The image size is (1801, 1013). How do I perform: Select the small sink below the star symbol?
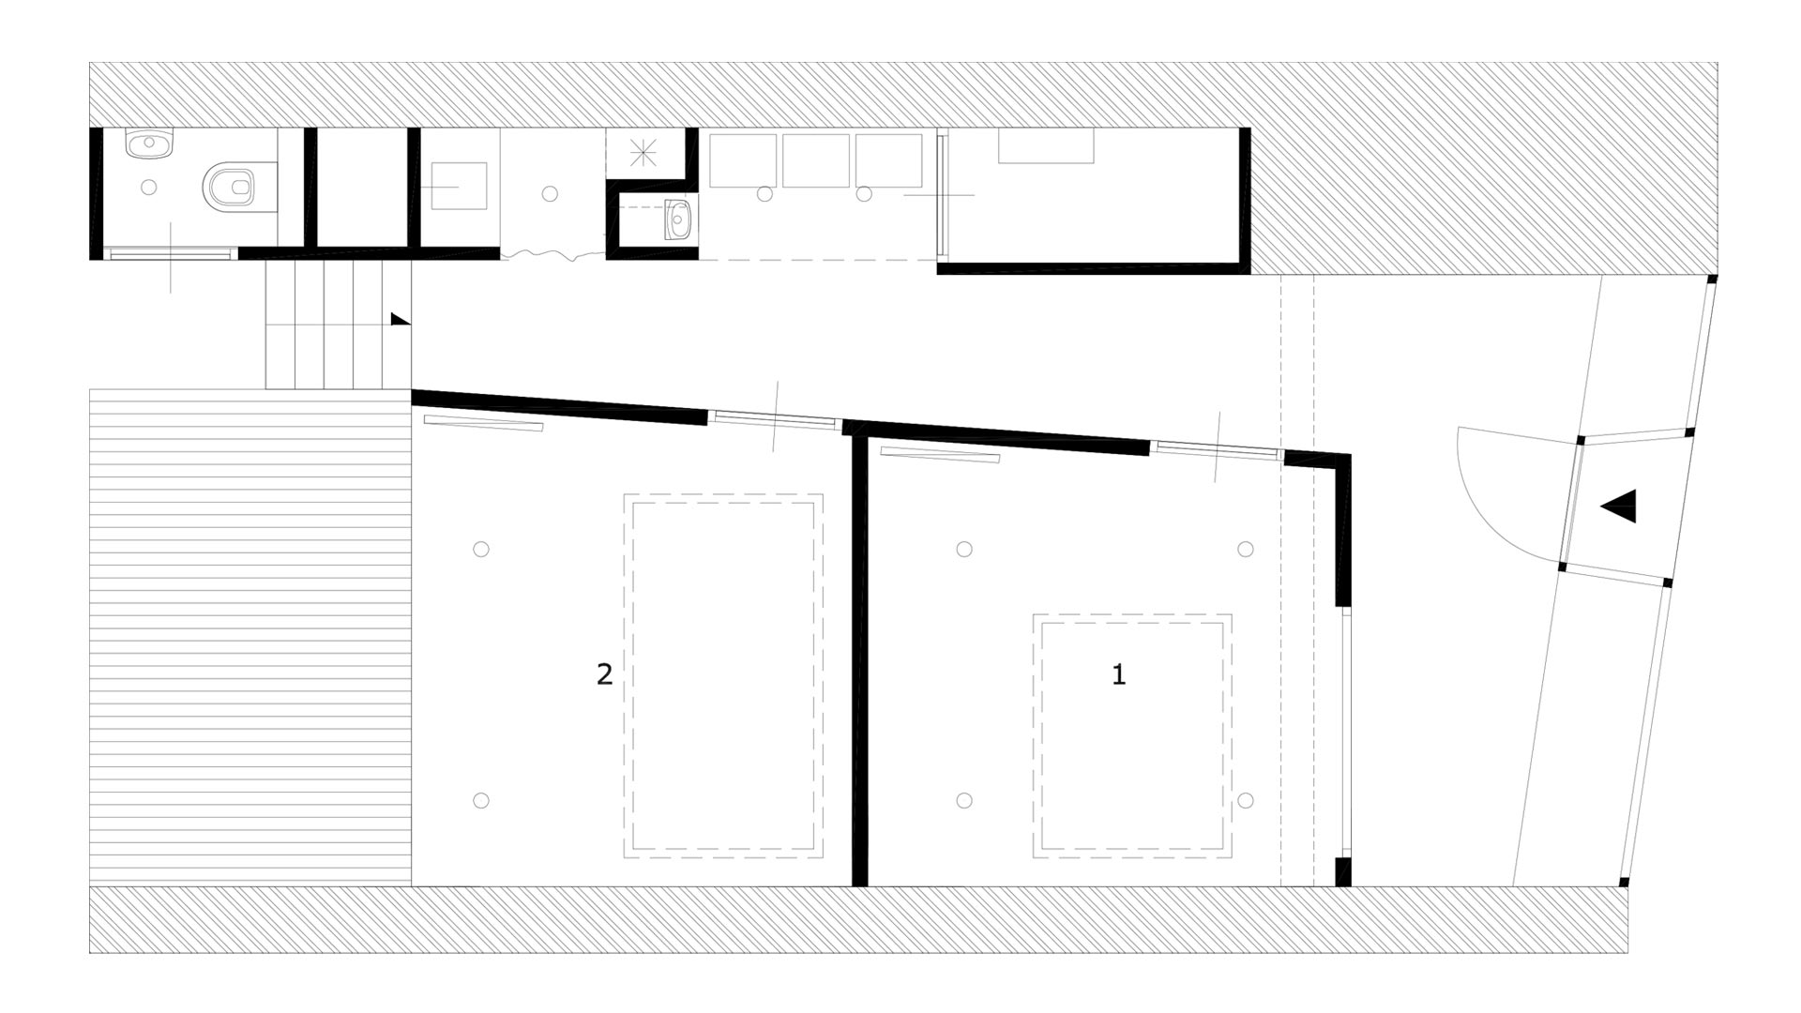click(x=677, y=219)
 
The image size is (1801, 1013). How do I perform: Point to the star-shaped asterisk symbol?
click(x=643, y=151)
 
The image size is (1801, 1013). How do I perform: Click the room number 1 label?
click(x=1118, y=674)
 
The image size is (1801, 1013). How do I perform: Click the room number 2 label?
click(x=605, y=674)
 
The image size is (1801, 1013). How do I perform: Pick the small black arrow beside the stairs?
click(x=401, y=319)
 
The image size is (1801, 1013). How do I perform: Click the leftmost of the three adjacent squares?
click(x=743, y=160)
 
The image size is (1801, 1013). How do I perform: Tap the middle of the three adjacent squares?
click(x=816, y=160)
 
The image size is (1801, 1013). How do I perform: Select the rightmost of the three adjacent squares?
click(x=888, y=160)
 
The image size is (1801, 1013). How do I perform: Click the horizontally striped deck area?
click(x=250, y=637)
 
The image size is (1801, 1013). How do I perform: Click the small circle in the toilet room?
click(x=148, y=187)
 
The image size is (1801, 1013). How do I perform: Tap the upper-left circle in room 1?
click(x=964, y=549)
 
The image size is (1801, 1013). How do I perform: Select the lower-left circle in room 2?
click(x=481, y=800)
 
